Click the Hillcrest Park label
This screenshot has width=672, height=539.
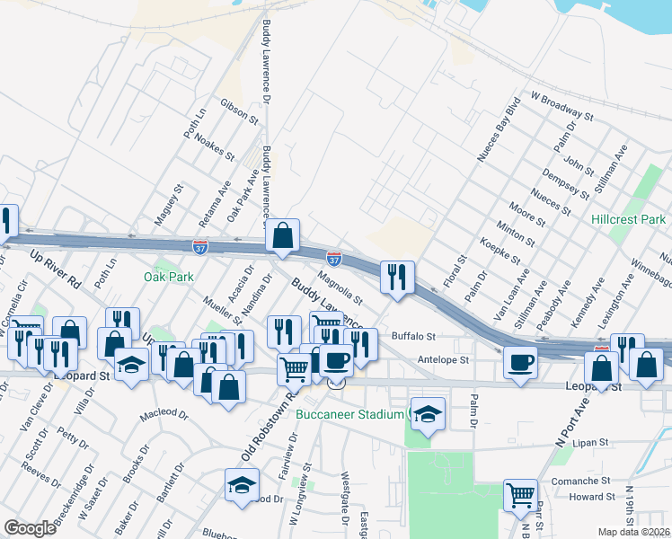(629, 219)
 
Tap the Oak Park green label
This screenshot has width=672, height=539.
(169, 277)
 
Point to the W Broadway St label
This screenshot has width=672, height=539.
(561, 105)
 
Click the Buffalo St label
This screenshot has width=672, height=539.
(413, 337)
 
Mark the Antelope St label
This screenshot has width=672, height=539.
(444, 359)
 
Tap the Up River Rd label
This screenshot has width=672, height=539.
(55, 269)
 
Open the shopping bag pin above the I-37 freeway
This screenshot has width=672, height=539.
(282, 236)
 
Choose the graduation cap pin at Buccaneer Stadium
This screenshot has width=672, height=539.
(429, 414)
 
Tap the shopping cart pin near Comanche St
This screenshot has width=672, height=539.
(520, 494)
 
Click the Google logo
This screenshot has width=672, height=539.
(30, 528)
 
